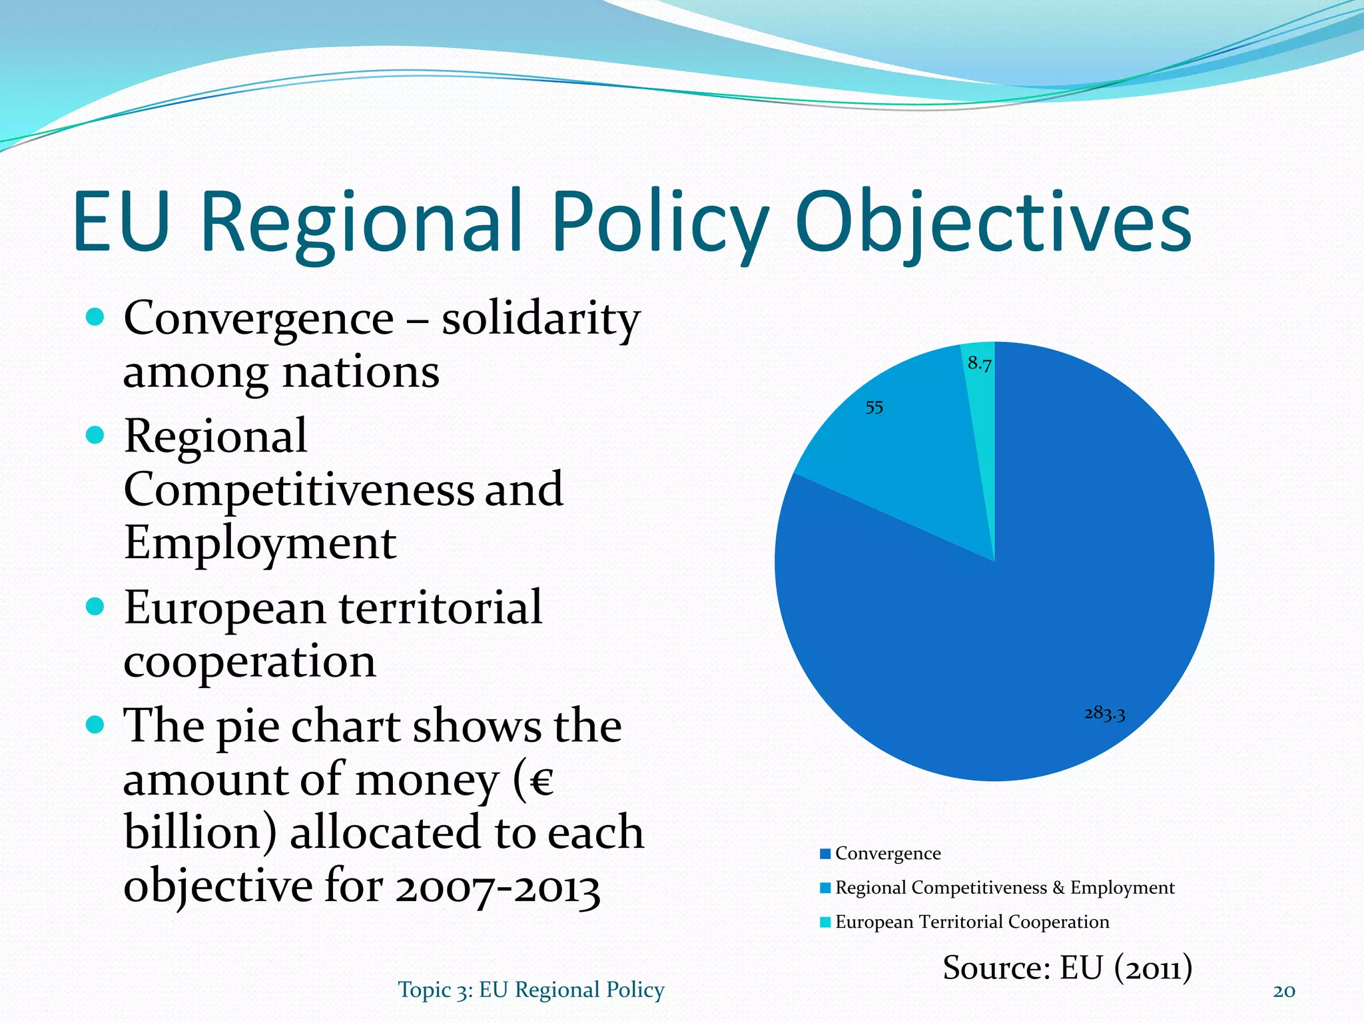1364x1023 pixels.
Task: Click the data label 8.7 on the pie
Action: (x=979, y=364)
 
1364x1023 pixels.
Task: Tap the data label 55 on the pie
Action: (x=874, y=407)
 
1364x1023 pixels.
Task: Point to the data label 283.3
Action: (x=1104, y=713)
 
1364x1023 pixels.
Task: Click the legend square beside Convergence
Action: (x=825, y=854)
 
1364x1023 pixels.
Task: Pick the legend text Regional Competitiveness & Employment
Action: (x=1004, y=888)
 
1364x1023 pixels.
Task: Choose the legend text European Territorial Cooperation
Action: (x=972, y=922)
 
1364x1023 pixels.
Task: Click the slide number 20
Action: (x=1283, y=991)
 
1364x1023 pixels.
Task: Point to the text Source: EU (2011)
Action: (x=1067, y=967)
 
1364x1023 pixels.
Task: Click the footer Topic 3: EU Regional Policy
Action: (x=531, y=990)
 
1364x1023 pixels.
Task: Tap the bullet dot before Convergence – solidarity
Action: (x=95, y=317)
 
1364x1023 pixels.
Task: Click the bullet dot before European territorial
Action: (x=95, y=607)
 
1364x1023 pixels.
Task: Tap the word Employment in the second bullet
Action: (x=260, y=543)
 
